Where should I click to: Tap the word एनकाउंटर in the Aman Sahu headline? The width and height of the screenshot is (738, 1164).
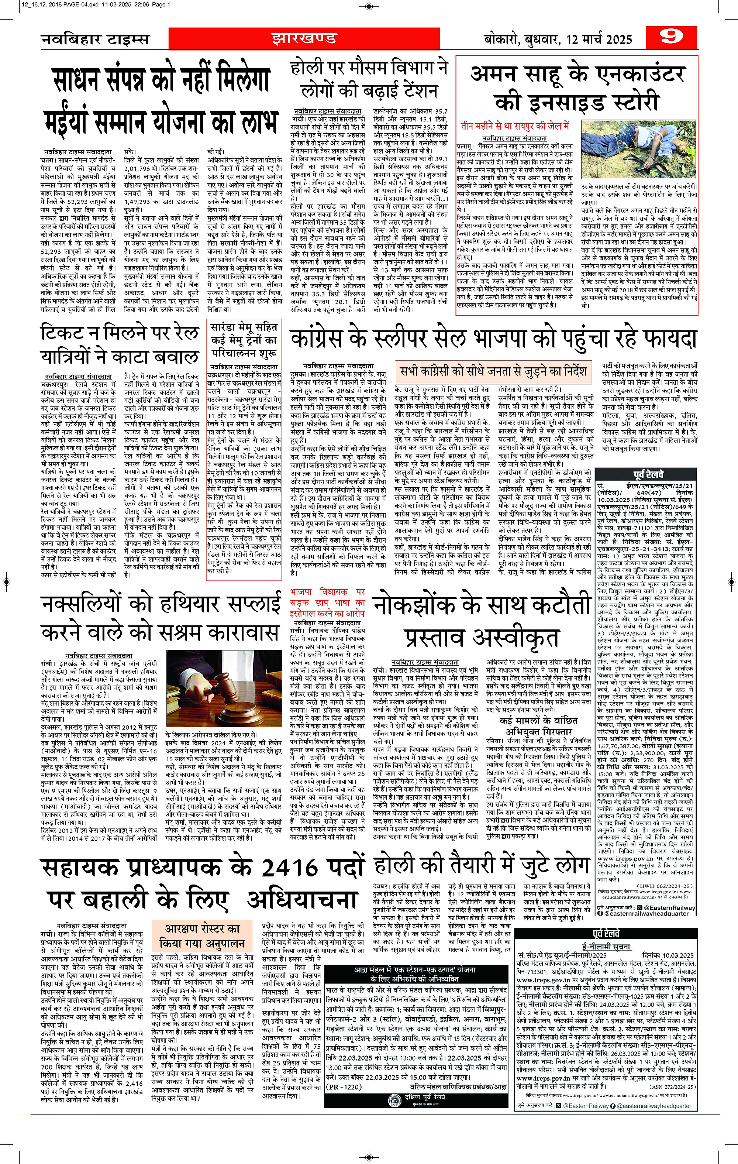click(x=628, y=75)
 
